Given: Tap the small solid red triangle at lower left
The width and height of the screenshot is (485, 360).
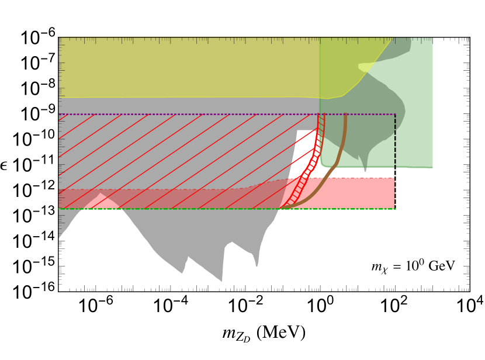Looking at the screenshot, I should [101, 202].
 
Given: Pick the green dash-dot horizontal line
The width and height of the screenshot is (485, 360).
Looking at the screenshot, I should [175, 209].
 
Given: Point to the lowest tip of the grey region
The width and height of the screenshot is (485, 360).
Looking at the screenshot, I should [221, 281].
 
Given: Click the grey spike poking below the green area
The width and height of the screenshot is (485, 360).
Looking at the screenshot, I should [365, 167].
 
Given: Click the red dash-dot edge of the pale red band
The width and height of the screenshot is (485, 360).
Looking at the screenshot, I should [175, 189].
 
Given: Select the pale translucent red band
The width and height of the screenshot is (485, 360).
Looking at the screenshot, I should [175, 199].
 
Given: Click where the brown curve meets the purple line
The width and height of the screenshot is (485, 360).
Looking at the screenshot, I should [345, 115].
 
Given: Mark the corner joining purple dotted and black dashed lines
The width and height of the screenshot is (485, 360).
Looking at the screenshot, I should [395, 115].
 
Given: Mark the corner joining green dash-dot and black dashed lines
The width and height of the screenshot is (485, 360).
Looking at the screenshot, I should [395, 209].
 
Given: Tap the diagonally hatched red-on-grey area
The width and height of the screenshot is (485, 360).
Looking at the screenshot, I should [175, 152].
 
